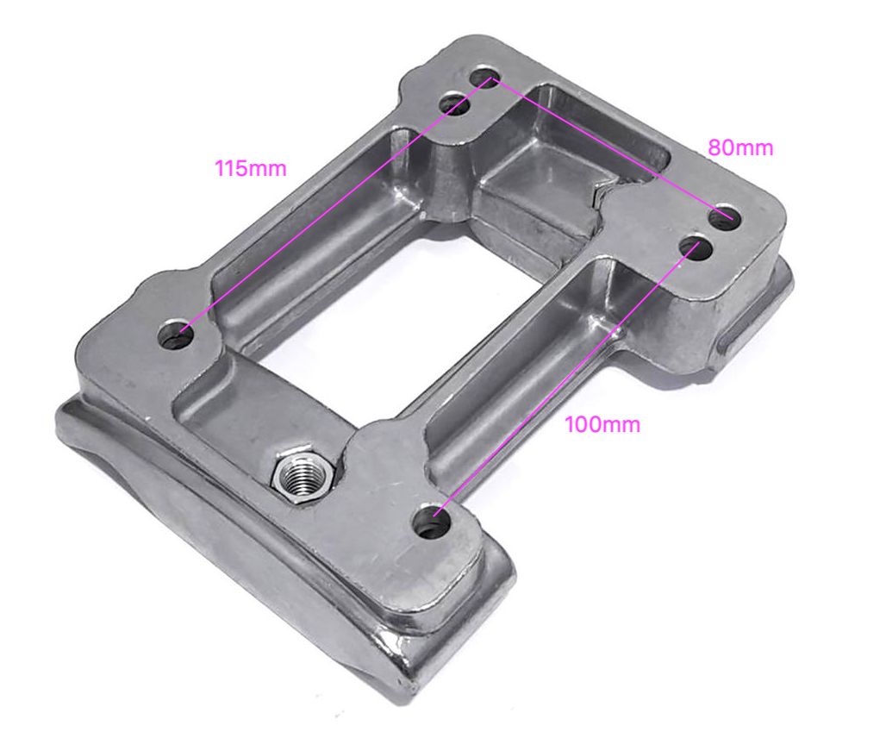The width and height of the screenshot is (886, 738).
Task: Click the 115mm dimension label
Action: [x=250, y=168]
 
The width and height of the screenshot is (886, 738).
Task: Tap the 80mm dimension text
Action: [x=740, y=148]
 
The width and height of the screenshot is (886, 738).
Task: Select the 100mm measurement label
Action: [x=602, y=425]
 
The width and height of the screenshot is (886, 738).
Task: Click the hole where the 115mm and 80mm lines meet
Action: [x=488, y=78]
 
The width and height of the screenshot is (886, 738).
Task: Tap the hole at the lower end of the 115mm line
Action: [x=177, y=334]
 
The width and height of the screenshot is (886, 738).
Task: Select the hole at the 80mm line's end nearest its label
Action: [x=726, y=217]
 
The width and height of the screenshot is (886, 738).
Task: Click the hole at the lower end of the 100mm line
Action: [x=433, y=522]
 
